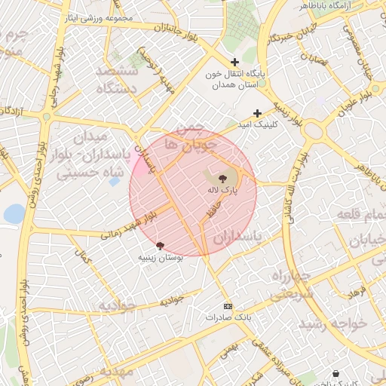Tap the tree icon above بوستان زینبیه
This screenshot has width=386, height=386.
(x=160, y=246)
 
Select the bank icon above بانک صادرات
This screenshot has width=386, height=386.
(x=228, y=306)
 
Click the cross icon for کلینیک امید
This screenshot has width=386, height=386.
(x=257, y=113)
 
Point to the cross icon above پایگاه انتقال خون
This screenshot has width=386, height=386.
(x=234, y=62)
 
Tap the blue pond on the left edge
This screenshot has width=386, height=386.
(x=14, y=214)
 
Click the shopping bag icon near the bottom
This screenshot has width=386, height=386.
(x=335, y=373)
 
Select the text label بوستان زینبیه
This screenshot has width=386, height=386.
(x=160, y=257)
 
